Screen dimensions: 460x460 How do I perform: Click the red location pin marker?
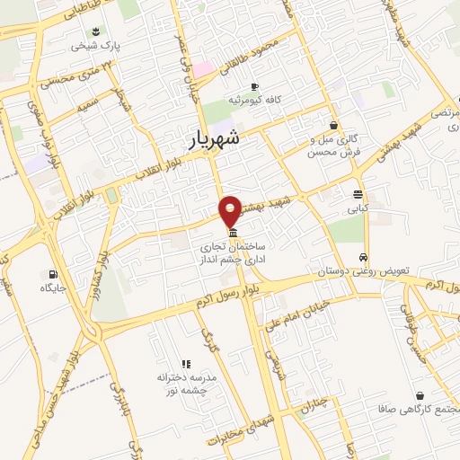(232, 210)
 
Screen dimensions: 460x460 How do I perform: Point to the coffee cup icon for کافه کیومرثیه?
(254, 87)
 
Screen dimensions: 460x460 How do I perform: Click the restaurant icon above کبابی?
(358, 194)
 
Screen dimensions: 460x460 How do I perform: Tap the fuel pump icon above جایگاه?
(54, 275)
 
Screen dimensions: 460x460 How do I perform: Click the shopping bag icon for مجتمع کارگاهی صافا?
(419, 395)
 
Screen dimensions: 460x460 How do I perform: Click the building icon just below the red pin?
(233, 231)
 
